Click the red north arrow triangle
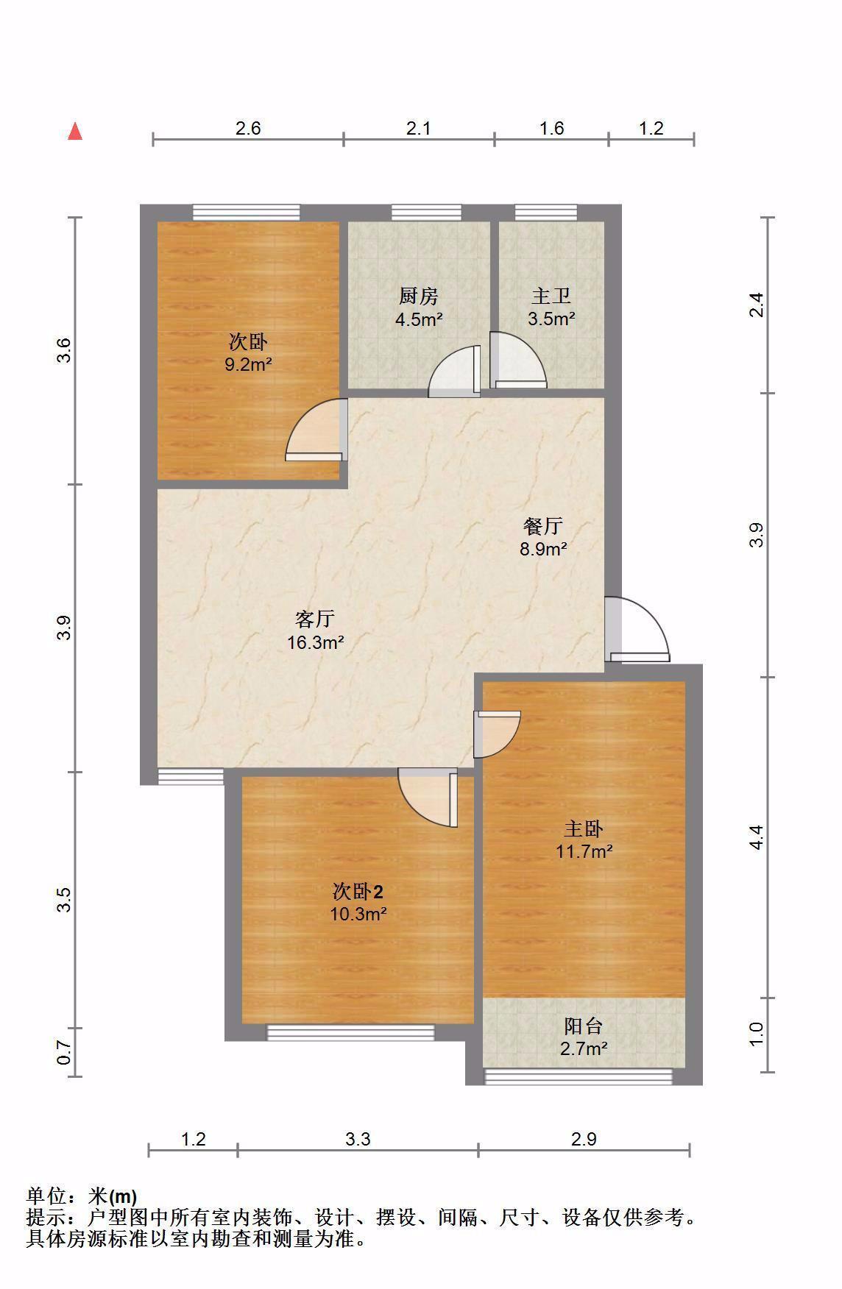75,131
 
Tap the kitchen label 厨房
419,296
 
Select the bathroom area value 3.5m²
551,319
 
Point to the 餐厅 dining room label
543,526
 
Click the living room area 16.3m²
316,642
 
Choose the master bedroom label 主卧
584,829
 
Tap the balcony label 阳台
584,1026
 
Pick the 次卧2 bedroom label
358,892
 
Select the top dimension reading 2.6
248,128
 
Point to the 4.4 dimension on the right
757,837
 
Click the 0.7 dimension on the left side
65,1053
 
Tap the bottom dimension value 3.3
358,1139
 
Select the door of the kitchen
455,371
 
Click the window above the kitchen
426,213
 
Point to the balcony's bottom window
579,1076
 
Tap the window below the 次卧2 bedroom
350,1032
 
